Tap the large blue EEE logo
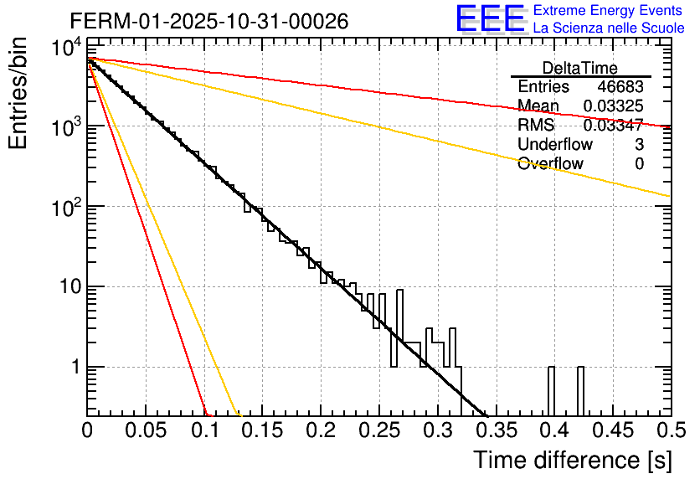tap(490, 19)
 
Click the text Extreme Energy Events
tap(608, 11)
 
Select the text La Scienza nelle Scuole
tap(608, 28)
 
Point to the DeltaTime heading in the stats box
tap(580, 68)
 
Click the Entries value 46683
tap(620, 87)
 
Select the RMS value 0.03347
tap(614, 125)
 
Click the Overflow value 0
tap(639, 163)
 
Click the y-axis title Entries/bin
tap(20, 94)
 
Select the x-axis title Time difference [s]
tap(571, 459)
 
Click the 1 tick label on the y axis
tap(74, 368)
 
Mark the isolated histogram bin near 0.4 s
tap(551, 390)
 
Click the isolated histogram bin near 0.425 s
tap(580, 390)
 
